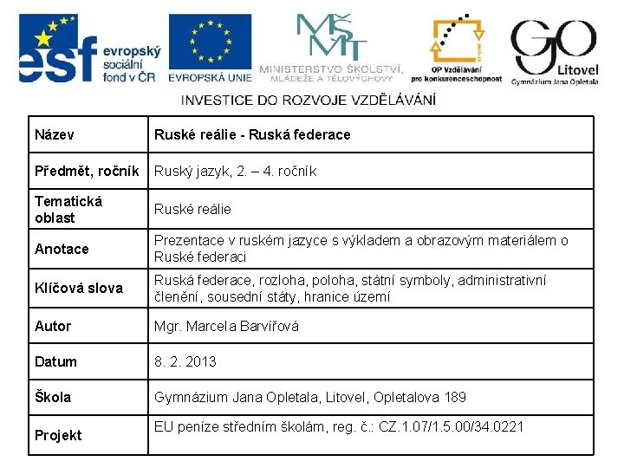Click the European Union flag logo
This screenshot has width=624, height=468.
click(x=211, y=48)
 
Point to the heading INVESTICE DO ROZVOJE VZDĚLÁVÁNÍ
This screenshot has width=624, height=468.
click(x=308, y=100)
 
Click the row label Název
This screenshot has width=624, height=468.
click(x=54, y=134)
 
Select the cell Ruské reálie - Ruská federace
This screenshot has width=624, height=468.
click(x=252, y=134)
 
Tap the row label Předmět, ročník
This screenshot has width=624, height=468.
click(x=87, y=171)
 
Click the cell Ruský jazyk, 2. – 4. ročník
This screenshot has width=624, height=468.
click(x=235, y=172)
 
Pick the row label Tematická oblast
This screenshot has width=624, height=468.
click(x=68, y=209)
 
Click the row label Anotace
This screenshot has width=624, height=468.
click(x=62, y=249)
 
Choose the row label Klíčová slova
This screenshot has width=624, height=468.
click(x=78, y=288)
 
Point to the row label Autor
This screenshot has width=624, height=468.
click(x=53, y=326)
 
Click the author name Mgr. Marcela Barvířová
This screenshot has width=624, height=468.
click(x=226, y=327)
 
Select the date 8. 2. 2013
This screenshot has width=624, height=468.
click(x=185, y=361)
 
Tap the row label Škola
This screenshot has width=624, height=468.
click(x=53, y=397)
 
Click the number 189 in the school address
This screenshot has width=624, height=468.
click(x=454, y=398)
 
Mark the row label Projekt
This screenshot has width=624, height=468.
click(x=58, y=435)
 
